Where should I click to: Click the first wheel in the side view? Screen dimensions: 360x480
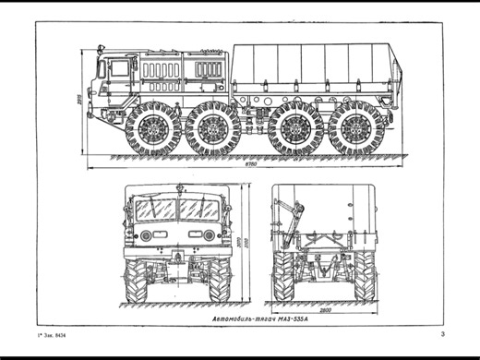(153, 128)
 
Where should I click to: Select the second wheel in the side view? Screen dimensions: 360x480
(212, 128)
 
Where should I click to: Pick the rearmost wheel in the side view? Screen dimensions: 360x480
(355, 128)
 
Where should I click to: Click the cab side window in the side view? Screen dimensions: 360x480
(119, 69)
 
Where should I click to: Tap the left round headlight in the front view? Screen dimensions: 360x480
(146, 235)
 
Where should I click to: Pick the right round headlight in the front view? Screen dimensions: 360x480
(210, 235)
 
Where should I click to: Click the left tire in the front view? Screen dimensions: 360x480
(138, 281)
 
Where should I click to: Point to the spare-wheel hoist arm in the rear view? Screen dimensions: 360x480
(294, 218)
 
